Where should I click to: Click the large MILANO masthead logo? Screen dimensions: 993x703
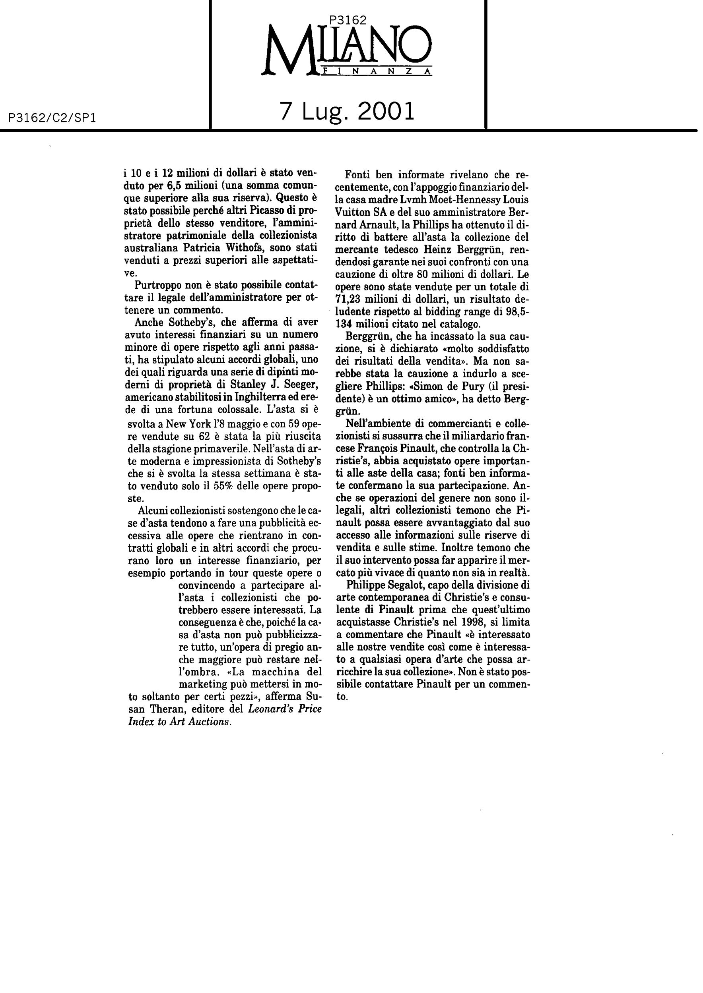346,50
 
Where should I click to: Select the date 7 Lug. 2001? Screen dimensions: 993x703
347,112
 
